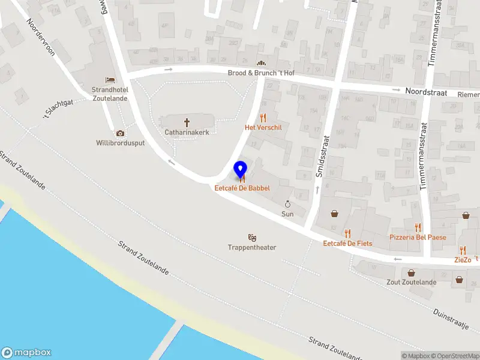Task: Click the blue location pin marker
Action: point(241,170)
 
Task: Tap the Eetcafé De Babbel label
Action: point(242,188)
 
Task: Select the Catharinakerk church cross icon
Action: point(187,121)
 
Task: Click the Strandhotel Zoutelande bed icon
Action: point(110,80)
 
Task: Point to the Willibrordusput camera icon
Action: point(120,133)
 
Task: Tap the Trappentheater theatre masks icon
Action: point(252,238)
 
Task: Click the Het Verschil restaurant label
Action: point(263,128)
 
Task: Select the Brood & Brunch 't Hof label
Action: point(261,73)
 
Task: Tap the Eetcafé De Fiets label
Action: point(347,243)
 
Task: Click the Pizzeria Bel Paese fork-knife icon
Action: point(418,227)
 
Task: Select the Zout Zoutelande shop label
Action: point(411,282)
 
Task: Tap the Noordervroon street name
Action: point(41,37)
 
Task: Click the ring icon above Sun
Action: point(287,204)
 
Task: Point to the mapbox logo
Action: point(26,353)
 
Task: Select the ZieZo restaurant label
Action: point(463,260)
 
